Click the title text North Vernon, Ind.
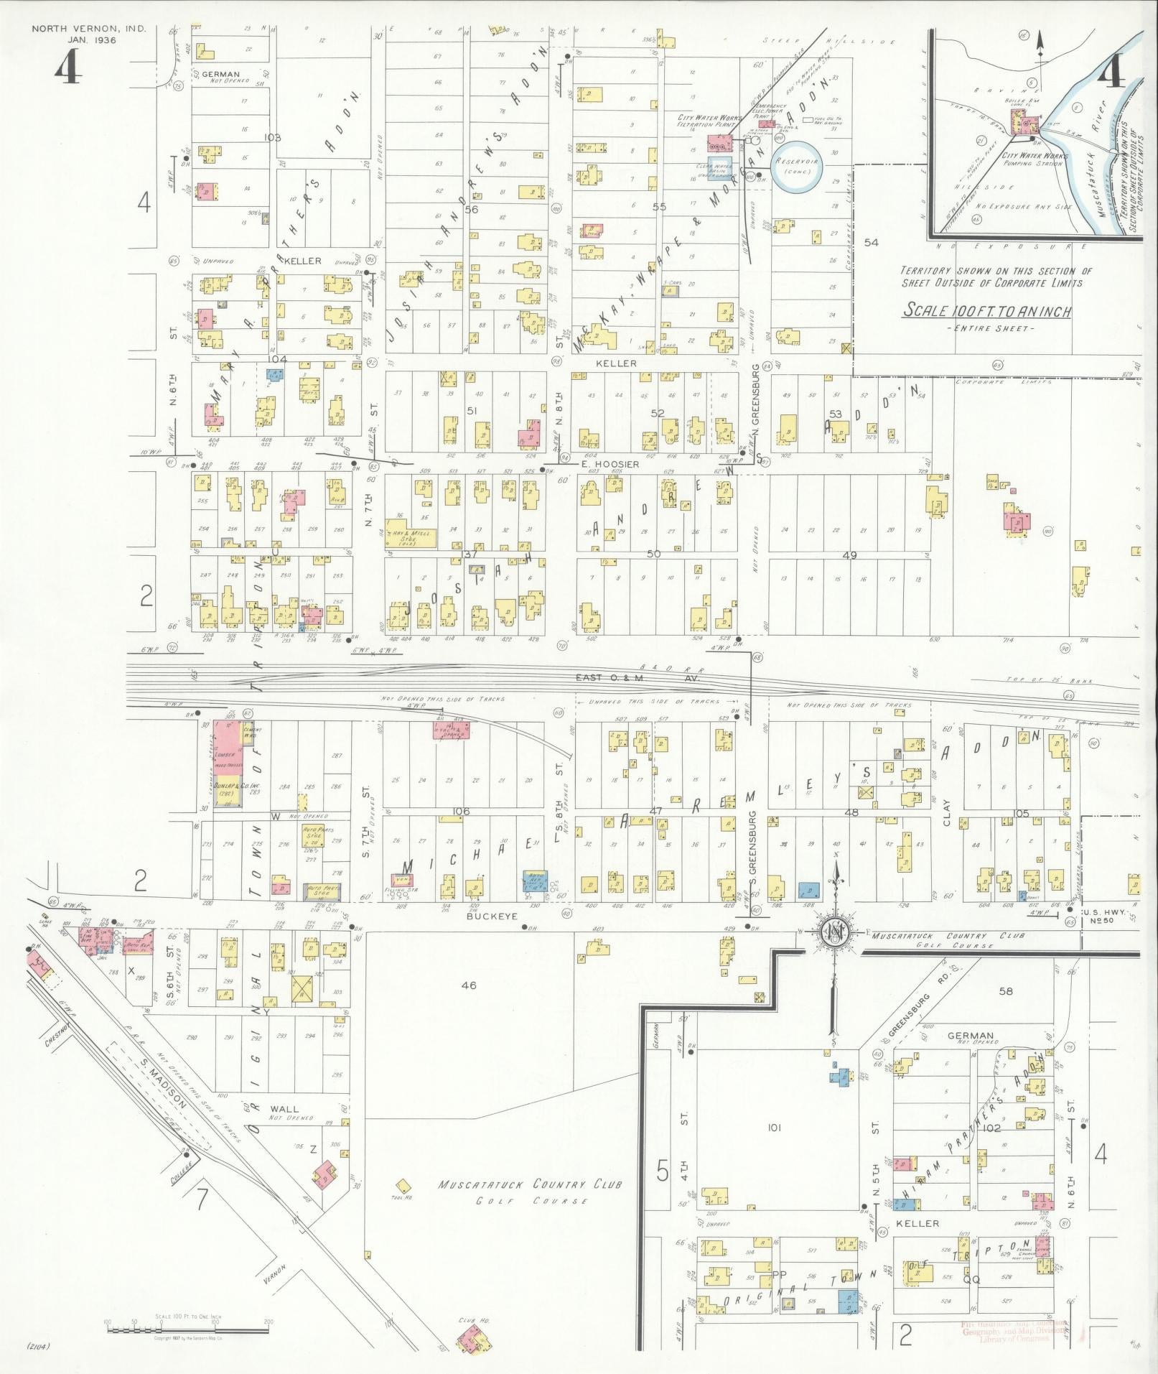(x=89, y=29)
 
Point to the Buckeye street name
(x=482, y=916)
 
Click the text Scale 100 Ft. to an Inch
(x=987, y=311)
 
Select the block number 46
(x=469, y=986)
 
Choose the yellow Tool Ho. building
(x=404, y=1185)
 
